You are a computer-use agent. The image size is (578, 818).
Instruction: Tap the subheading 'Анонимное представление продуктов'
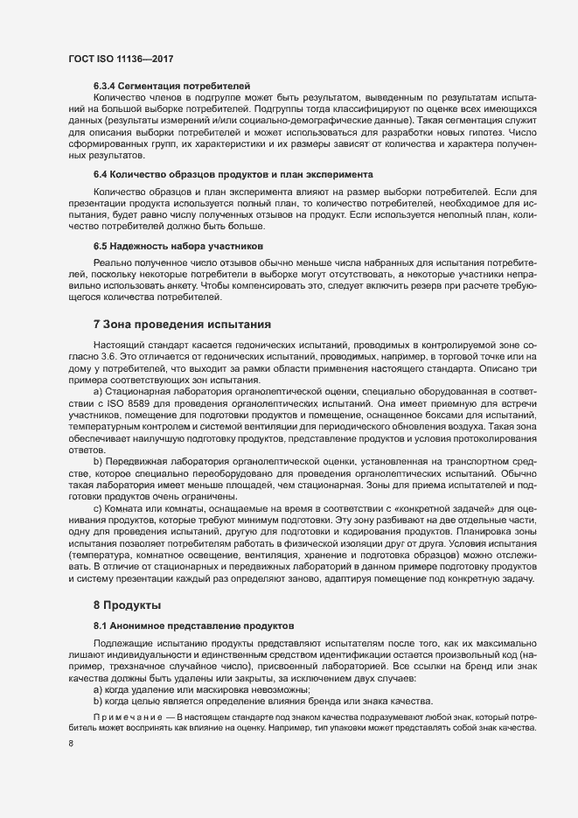click(x=205, y=626)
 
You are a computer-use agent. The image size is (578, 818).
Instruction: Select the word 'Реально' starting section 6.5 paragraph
click(x=111, y=263)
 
